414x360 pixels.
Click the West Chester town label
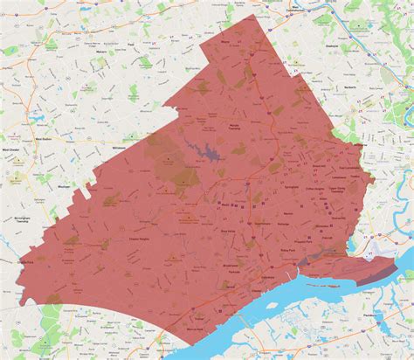pos(13,149)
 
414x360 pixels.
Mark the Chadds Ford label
pos(24,260)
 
